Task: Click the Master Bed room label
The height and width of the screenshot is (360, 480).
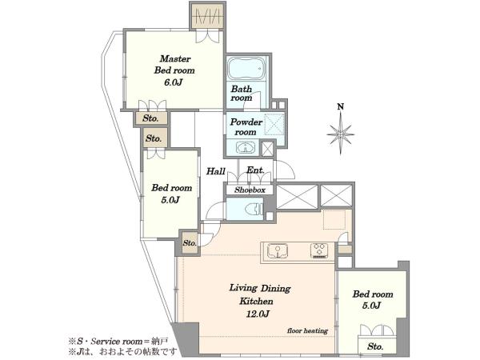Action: coord(174,64)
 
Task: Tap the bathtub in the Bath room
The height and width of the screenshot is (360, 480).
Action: coord(246,68)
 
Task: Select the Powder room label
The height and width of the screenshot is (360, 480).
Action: coord(246,127)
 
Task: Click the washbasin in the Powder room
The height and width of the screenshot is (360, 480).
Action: coord(246,148)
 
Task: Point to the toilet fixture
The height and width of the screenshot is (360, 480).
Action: coord(254,210)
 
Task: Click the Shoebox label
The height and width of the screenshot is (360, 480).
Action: coord(250,190)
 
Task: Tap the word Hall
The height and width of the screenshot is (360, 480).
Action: coord(216,171)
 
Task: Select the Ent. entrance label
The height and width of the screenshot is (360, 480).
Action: coord(255,170)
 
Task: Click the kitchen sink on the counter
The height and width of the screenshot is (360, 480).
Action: coord(278,250)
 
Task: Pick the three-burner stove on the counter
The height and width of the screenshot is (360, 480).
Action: coord(319,250)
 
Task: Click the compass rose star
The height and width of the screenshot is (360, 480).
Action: coord(341,134)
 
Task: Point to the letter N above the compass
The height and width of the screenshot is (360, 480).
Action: coord(341,106)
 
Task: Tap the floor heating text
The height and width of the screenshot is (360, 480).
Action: coord(307,330)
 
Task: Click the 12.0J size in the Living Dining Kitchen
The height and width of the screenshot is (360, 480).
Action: coord(258,314)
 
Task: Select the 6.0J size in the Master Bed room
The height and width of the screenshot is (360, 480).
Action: coord(174,82)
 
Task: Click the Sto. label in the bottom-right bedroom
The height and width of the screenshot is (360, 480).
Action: coord(375,346)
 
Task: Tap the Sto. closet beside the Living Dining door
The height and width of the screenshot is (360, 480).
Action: coord(190,242)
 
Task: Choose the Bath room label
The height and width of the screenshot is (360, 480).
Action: coord(242,94)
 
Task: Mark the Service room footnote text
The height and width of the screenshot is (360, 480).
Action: coord(118,341)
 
